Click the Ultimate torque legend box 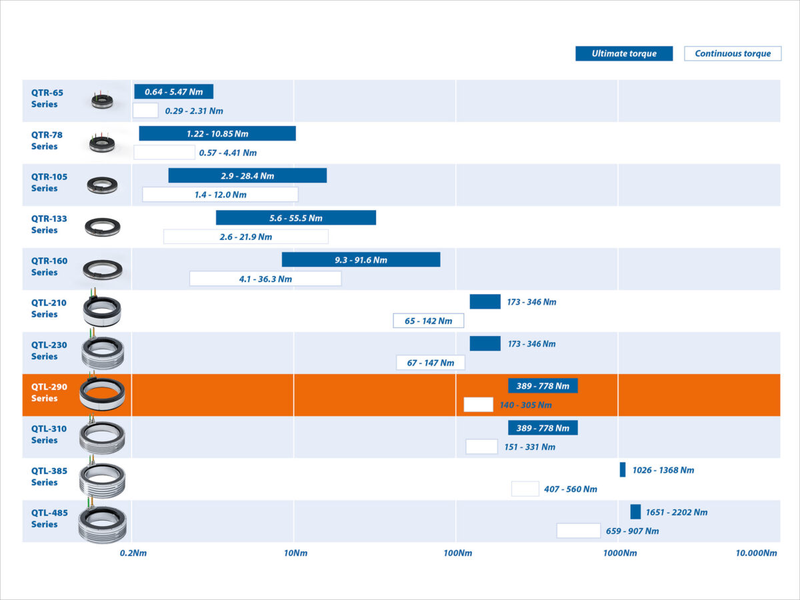624,54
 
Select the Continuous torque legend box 733,54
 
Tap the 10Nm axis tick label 295,553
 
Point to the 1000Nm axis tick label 620,553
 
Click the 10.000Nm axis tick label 756,553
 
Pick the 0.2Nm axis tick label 133,553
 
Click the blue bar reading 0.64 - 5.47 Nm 173,92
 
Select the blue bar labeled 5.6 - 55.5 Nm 296,218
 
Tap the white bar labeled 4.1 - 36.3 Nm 265,279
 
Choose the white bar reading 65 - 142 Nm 428,321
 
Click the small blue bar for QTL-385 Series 623,469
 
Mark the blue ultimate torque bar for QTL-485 635,512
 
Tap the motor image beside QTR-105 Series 103,185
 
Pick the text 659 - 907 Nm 632,531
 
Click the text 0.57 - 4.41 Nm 227,153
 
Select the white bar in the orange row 478,405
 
